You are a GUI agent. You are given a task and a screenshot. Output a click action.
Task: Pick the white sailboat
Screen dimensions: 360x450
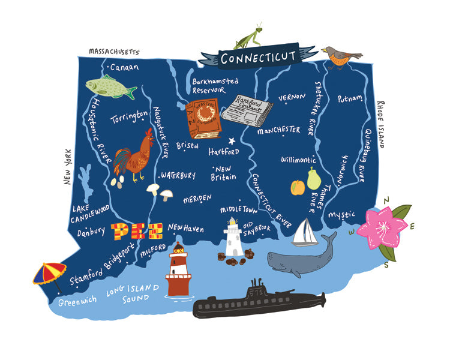(x=304, y=232)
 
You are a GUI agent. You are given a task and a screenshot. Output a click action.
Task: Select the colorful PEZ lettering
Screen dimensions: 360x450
(x=136, y=230)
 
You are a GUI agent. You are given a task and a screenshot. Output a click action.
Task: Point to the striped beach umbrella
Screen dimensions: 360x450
(x=49, y=274)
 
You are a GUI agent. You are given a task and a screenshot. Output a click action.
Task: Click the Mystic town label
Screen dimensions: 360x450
(x=343, y=214)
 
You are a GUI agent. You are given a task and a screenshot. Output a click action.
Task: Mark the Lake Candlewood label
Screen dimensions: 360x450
(x=89, y=212)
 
